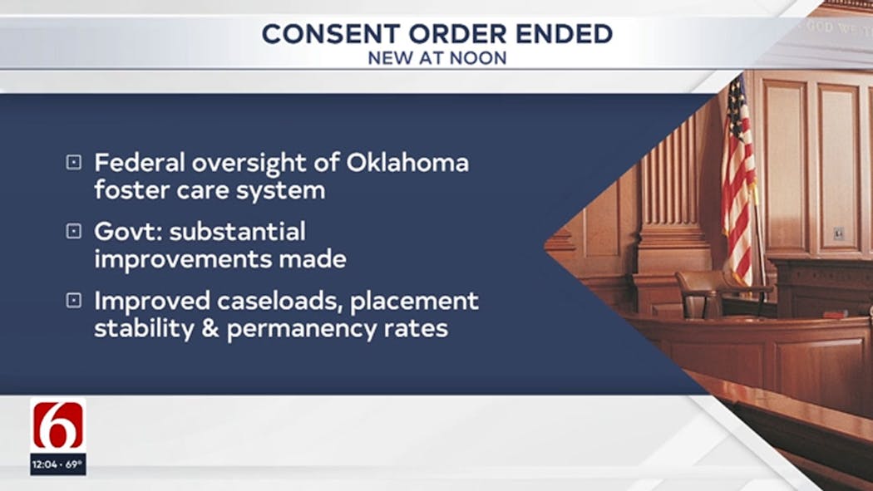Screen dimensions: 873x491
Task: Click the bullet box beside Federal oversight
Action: pyautogui.click(x=73, y=162)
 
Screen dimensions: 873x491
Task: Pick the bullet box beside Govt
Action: pyautogui.click(x=73, y=231)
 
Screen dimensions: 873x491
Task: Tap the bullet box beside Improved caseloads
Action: pyautogui.click(x=73, y=301)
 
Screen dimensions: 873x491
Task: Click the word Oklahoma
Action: pyautogui.click(x=407, y=162)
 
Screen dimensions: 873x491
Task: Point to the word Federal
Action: pyautogui.click(x=139, y=162)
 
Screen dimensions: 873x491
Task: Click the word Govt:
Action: pyautogui.click(x=129, y=231)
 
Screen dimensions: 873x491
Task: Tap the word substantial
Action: pyautogui.click(x=237, y=231)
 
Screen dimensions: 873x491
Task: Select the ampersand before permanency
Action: pyautogui.click(x=210, y=329)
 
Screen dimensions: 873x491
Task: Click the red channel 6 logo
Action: pyautogui.click(x=58, y=425)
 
